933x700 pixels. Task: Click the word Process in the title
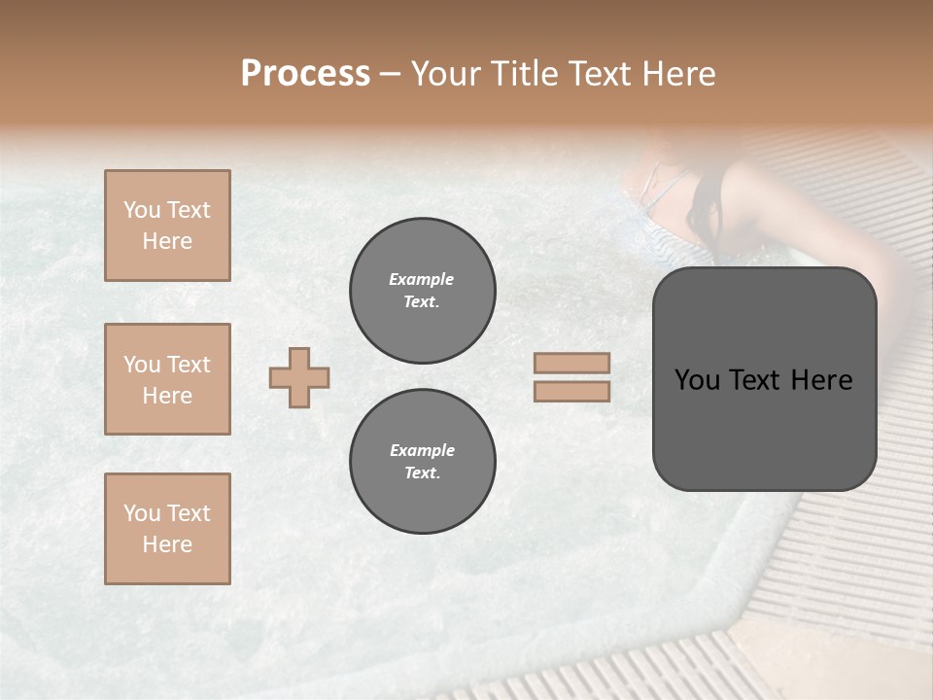(305, 73)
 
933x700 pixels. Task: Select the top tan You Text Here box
(167, 226)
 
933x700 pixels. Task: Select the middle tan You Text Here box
(167, 379)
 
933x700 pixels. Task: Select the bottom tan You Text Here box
(167, 529)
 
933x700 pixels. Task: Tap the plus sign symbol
(299, 377)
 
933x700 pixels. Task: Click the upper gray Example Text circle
(422, 291)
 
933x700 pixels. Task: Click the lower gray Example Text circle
(422, 462)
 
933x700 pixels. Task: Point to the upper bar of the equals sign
(571, 364)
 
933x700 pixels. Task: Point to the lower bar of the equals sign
(571, 391)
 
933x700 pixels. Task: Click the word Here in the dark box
(821, 380)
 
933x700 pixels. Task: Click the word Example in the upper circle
(422, 279)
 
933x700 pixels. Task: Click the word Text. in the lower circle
(422, 473)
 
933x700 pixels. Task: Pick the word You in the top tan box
(141, 210)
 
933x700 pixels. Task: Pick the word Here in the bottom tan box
(167, 544)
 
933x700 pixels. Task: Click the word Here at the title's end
(677, 73)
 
